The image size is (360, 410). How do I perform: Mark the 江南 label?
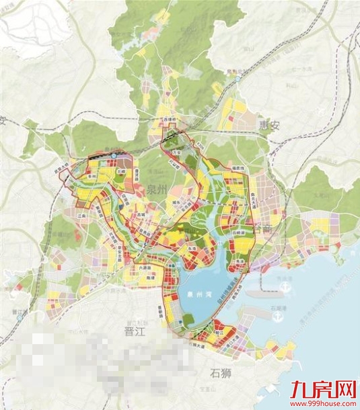(x=82, y=216)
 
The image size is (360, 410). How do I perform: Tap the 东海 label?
(x=191, y=248)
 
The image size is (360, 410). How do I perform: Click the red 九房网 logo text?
(x=323, y=389)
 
